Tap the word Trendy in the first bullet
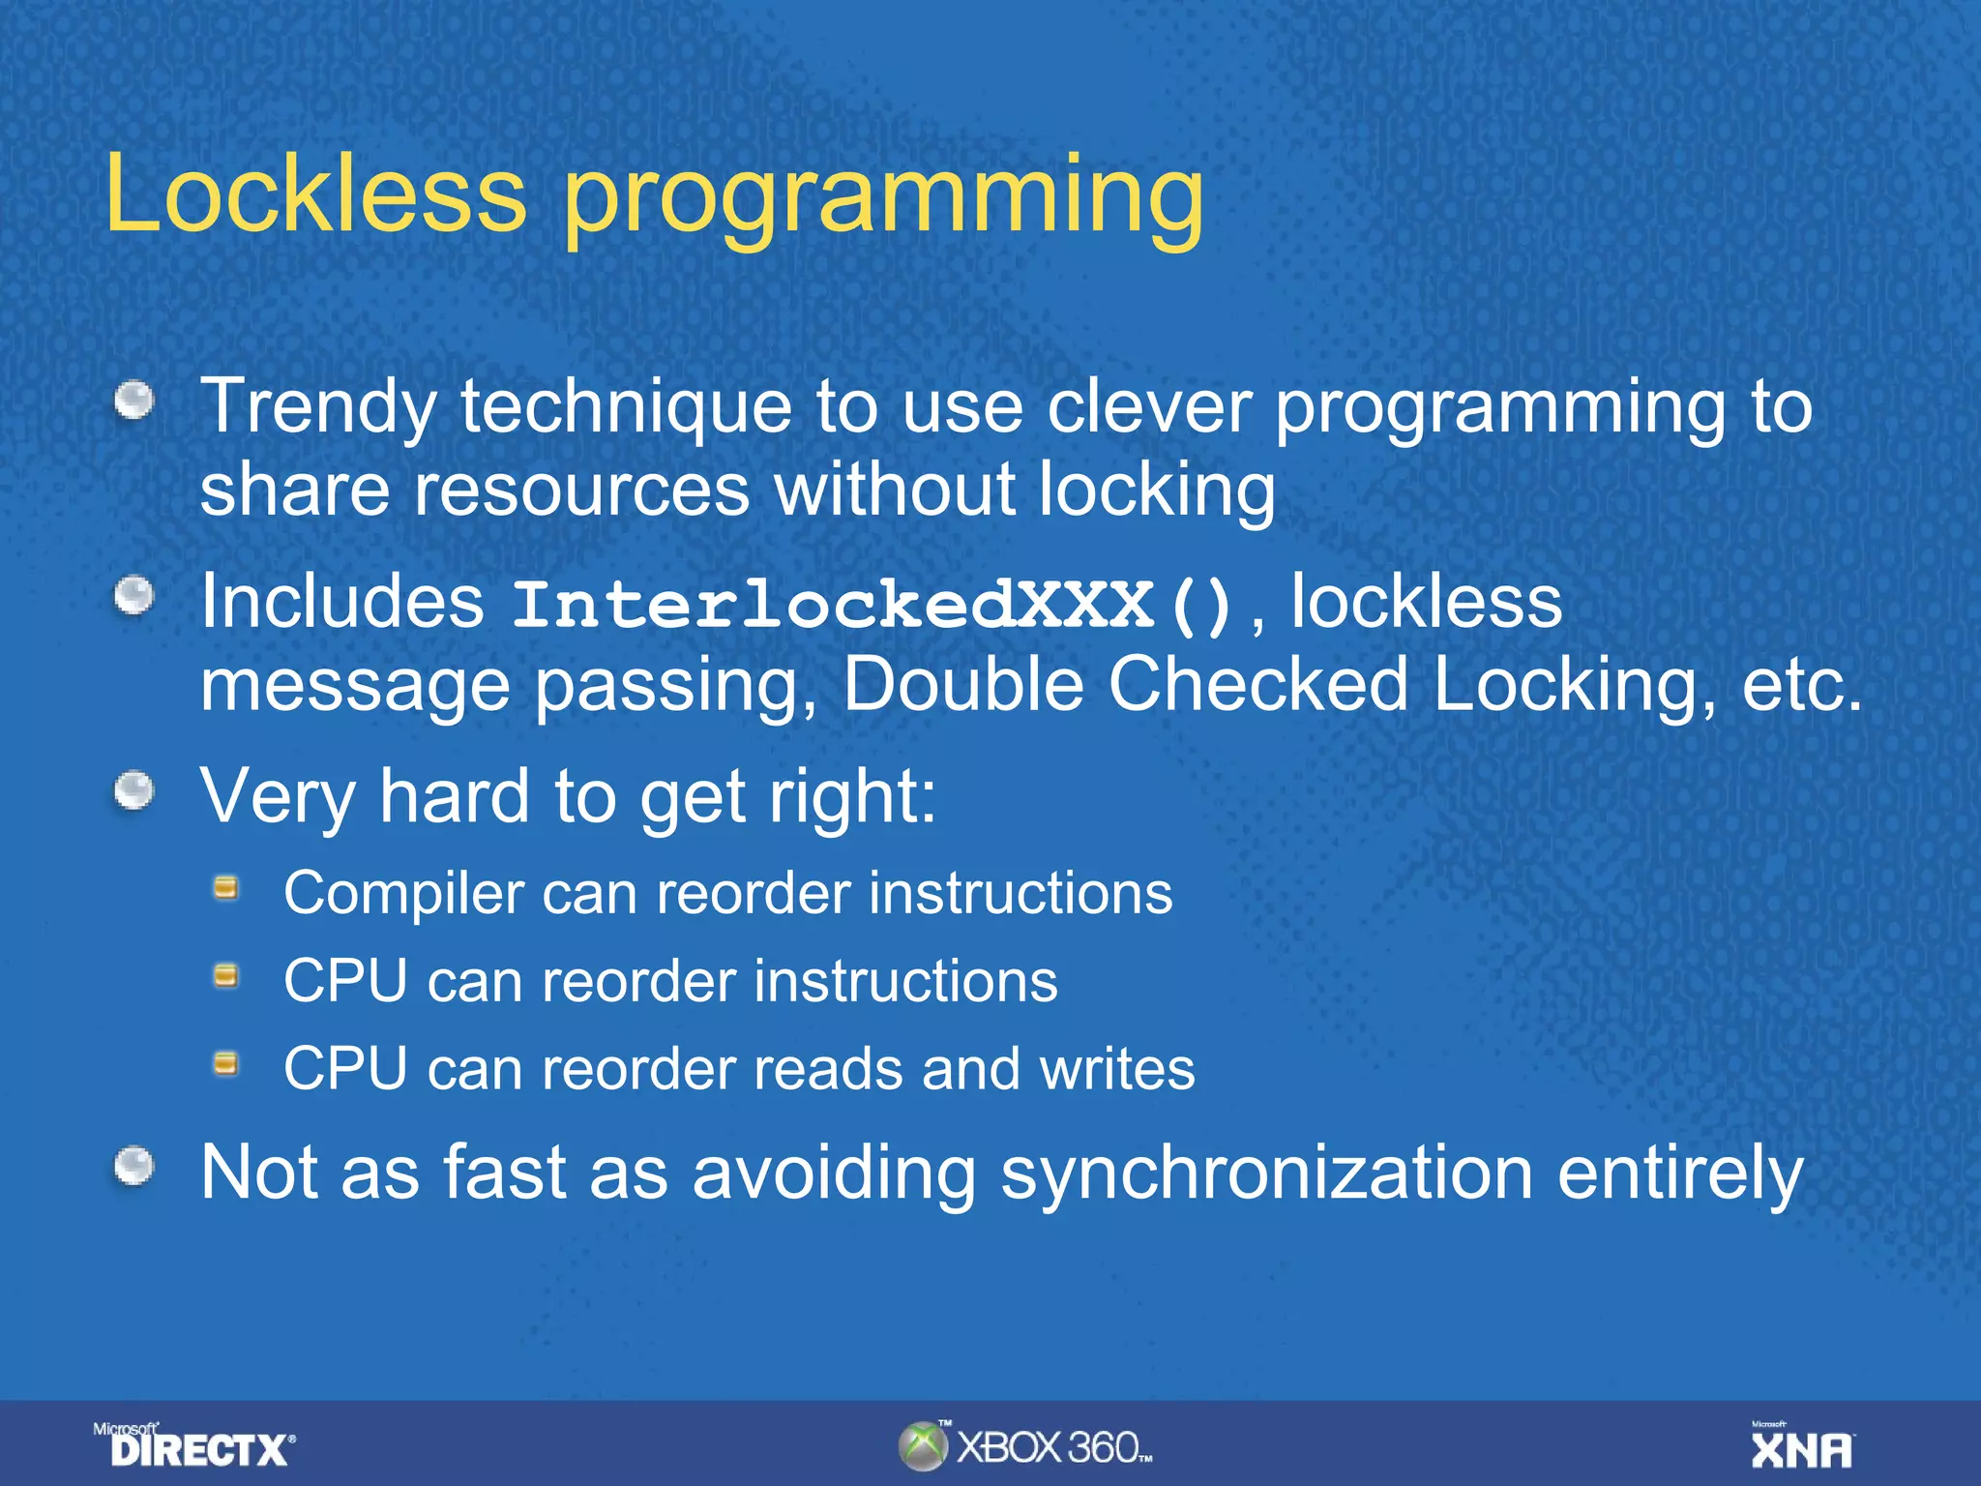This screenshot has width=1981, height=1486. coord(317,408)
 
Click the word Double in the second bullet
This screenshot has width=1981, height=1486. coord(962,684)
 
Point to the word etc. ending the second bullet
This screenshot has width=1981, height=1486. coord(1801,684)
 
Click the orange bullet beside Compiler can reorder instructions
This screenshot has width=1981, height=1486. coord(226,887)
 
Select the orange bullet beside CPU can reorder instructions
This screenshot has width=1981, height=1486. coord(226,975)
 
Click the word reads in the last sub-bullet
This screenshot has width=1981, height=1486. coord(825,1069)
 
